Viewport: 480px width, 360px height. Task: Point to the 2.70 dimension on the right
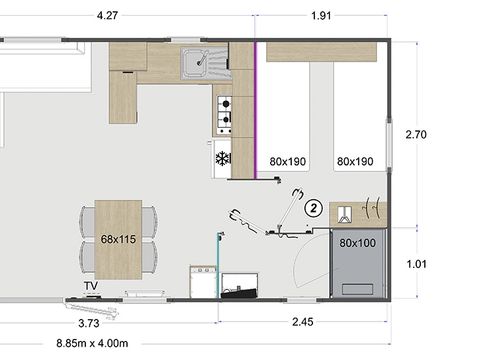point(418,133)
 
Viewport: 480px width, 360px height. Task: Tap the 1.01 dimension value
point(418,264)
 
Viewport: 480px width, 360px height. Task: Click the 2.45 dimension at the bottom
point(303,322)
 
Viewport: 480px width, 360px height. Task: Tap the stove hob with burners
point(225,114)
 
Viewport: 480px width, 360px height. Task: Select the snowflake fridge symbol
point(223,158)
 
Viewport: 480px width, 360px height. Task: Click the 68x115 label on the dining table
point(119,240)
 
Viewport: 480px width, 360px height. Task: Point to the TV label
point(91,285)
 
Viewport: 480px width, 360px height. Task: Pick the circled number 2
point(313,208)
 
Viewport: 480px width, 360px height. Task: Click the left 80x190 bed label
point(288,160)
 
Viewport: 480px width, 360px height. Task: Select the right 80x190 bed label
point(355,160)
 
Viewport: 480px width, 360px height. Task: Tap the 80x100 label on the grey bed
point(356,242)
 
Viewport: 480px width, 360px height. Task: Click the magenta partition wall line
point(257,110)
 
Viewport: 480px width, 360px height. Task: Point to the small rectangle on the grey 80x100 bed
point(356,285)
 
